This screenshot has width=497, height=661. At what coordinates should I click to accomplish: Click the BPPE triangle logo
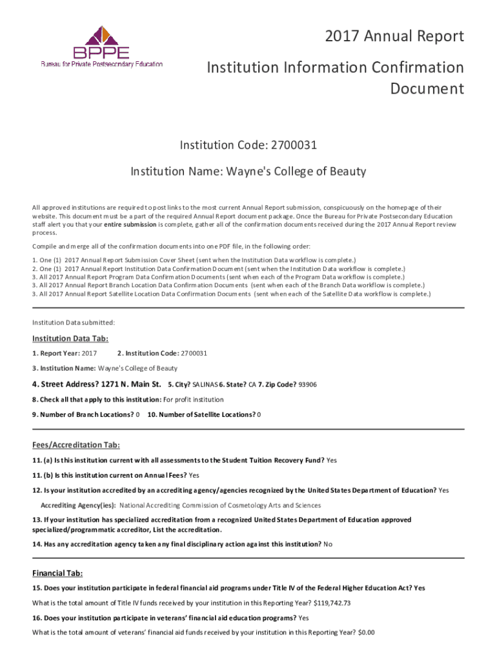point(101,40)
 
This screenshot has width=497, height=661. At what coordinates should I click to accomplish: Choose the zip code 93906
point(307,385)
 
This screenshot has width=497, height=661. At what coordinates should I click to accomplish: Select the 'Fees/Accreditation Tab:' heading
point(76,445)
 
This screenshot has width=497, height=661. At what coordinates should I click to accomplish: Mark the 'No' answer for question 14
point(328,544)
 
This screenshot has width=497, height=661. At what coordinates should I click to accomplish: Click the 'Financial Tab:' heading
point(57,573)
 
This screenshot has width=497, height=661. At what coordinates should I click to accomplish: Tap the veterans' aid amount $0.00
point(366,633)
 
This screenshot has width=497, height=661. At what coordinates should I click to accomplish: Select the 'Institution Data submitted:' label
point(74,322)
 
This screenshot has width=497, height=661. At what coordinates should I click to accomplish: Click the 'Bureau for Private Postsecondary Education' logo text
point(102,64)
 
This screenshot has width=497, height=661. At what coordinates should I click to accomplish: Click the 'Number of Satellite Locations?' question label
point(201,414)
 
